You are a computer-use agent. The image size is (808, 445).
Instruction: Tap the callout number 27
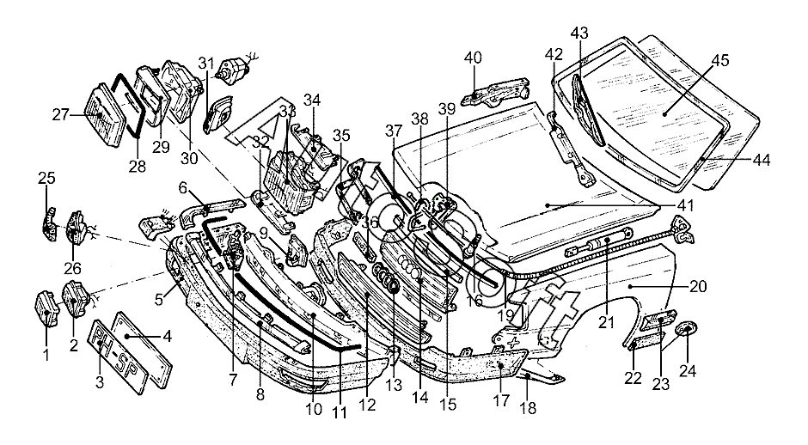pos(60,114)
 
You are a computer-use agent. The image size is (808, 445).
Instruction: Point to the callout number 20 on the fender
pos(697,286)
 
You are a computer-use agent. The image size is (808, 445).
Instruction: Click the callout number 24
pos(688,371)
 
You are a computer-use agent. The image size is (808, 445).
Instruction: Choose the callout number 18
pos(529,409)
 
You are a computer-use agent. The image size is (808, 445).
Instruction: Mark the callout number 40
pos(473,58)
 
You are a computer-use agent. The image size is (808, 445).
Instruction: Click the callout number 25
pos(46,178)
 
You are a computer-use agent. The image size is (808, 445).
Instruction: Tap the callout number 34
pos(311,100)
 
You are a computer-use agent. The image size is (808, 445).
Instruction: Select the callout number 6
pos(183,186)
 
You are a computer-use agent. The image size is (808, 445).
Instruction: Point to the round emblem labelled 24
pos(688,332)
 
